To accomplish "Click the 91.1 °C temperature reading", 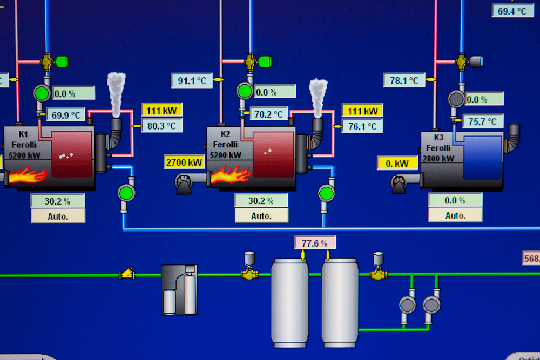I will (192, 80).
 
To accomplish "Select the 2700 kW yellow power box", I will (185, 162).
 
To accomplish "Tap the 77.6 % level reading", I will (315, 243).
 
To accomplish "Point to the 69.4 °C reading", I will (512, 10).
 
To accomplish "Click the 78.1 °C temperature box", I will (404, 80).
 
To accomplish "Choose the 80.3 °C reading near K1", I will (162, 126).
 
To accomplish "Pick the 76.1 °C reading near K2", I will (362, 126).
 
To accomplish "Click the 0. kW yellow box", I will (397, 163).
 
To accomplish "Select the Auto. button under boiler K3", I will (455, 215).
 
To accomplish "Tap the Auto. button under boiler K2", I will (261, 215).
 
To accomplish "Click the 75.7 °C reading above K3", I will (483, 121).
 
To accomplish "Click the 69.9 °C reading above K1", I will (66, 114).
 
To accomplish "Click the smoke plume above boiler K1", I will (116, 92).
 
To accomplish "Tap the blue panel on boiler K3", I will (482, 157).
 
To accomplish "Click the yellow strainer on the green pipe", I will (127, 274).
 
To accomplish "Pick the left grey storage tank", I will (289, 302).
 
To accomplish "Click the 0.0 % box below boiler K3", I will (455, 200).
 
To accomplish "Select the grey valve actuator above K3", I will (476, 62).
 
